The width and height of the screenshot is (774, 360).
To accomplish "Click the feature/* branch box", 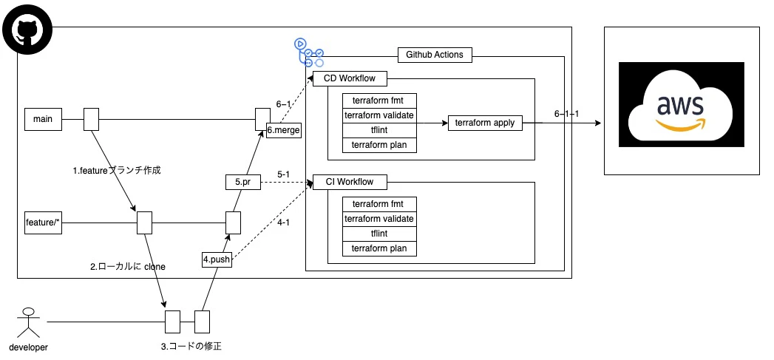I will [44, 221].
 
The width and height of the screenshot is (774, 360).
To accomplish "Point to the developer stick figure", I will [29, 324].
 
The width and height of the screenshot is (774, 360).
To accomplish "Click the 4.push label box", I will [217, 259].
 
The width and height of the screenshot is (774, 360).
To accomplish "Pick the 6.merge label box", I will [283, 129].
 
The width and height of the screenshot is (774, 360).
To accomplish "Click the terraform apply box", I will [485, 123].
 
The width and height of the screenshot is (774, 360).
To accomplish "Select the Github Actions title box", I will [435, 55].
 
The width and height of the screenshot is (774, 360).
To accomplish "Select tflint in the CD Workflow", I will [379, 130].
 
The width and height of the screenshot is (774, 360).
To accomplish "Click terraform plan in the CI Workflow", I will [379, 248].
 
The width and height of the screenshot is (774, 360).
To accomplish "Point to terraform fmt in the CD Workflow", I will [379, 101].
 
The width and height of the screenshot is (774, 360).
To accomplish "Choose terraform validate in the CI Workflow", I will [379, 219].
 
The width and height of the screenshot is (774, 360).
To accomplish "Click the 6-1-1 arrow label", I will [566, 114].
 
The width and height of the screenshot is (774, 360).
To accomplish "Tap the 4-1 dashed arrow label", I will [282, 222].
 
